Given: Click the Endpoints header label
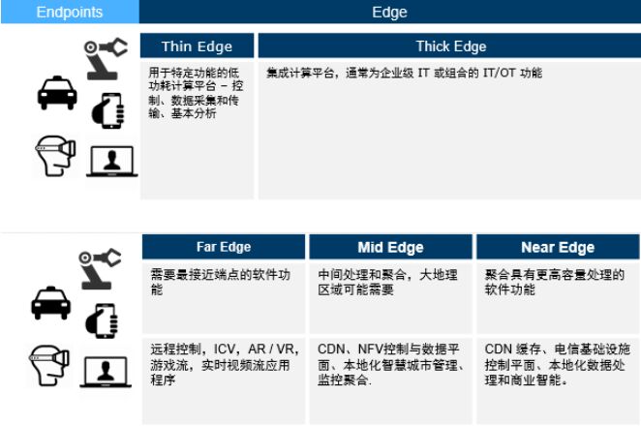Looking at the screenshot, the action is pos(70,13).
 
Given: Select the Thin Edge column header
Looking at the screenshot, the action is pos(197,46).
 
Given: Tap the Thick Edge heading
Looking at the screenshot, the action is pos(451,46).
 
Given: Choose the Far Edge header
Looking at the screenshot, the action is pos(224,247).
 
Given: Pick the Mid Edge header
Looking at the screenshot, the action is pos(390,247).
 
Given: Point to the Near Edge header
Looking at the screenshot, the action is pos(558,247).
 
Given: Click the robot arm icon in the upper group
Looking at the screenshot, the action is pos(106,59).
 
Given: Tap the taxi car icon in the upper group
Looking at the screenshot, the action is pos(57,93).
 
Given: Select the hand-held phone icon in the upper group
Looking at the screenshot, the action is pos(107,110).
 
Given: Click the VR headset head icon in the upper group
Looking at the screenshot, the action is pos(55,156).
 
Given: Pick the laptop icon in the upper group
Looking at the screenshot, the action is pos(111,162).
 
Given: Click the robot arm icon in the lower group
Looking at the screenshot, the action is pos(100,269).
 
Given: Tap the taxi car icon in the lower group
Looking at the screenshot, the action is pos(50,303).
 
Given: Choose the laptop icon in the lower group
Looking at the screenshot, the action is pos(106,372).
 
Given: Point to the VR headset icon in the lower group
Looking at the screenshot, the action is pos(49,366).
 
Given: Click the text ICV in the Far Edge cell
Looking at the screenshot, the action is pos(225,350).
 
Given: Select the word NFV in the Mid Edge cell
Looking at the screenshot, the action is pos(371,350).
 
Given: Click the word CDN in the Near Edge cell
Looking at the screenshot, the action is pos(499,350).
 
